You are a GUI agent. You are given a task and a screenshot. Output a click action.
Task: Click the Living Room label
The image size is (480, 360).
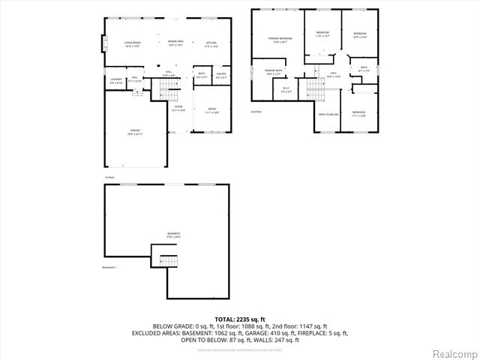132,43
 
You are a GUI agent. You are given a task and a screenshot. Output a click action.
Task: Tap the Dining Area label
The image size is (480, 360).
175,43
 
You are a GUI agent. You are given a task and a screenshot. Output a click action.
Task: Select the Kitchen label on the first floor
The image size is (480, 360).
211,43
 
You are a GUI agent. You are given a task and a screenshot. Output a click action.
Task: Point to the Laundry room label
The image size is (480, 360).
116,80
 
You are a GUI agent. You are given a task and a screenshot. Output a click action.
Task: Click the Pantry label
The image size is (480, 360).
221,75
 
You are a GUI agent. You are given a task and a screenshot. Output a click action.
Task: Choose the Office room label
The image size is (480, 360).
211,110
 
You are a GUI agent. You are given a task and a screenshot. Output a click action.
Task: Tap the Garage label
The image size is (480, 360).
134,132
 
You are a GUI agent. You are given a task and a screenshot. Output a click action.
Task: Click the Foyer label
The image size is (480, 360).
178,108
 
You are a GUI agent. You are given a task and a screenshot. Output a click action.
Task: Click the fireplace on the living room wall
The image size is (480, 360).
102,44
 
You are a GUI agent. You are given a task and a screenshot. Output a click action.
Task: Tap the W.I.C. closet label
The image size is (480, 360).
286,90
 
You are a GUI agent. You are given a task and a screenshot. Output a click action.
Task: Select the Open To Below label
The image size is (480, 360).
328,114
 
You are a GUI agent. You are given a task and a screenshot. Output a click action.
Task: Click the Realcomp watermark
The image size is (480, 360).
454,352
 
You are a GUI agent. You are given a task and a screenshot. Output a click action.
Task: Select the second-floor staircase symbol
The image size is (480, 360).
316,91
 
